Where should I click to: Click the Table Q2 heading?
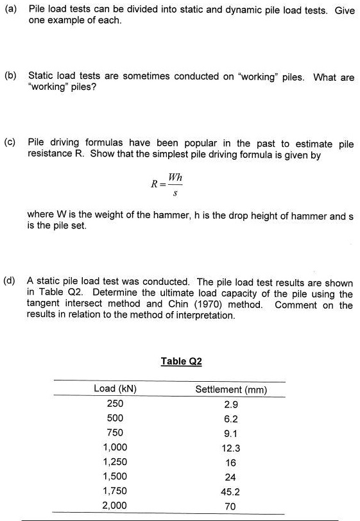coord(182,361)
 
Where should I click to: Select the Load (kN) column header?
coord(115,389)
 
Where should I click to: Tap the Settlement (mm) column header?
coord(231,389)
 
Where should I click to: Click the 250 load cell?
coord(115,404)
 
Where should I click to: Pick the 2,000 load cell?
coord(115,506)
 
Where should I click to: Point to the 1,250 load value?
coord(115,462)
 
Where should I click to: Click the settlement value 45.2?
coord(231,491)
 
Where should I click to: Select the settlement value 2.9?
coord(231,404)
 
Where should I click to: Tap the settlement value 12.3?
coord(231,448)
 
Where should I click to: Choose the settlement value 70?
coord(231,506)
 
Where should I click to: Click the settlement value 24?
coord(231,477)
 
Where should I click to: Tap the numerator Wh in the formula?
coord(175,176)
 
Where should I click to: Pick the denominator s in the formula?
coord(175,191)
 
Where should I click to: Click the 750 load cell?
coord(115,432)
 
